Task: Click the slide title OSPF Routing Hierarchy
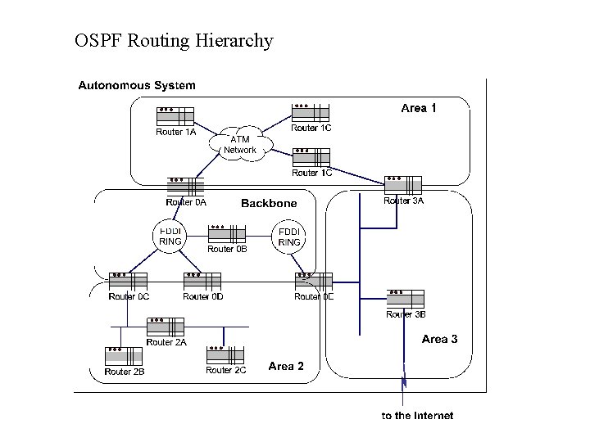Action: coord(173,40)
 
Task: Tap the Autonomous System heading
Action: coord(137,84)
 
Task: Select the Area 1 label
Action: coord(419,107)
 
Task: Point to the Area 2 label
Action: coord(286,366)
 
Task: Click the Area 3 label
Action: coord(440,339)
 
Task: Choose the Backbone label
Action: coord(269,203)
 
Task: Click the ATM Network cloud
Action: coord(239,144)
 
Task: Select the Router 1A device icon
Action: coord(174,115)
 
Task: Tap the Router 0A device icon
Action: coord(185,184)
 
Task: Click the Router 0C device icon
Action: coord(128,281)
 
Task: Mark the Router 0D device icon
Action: coord(202,281)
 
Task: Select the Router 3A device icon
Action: coord(403,184)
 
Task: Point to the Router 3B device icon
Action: coord(405,298)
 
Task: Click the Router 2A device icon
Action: coord(166,327)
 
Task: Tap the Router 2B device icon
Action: coord(124,355)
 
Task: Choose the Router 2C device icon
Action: coord(225,354)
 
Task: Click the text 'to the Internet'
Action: coord(417,416)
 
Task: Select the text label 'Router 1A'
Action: coord(176,132)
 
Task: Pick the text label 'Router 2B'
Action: coord(125,372)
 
